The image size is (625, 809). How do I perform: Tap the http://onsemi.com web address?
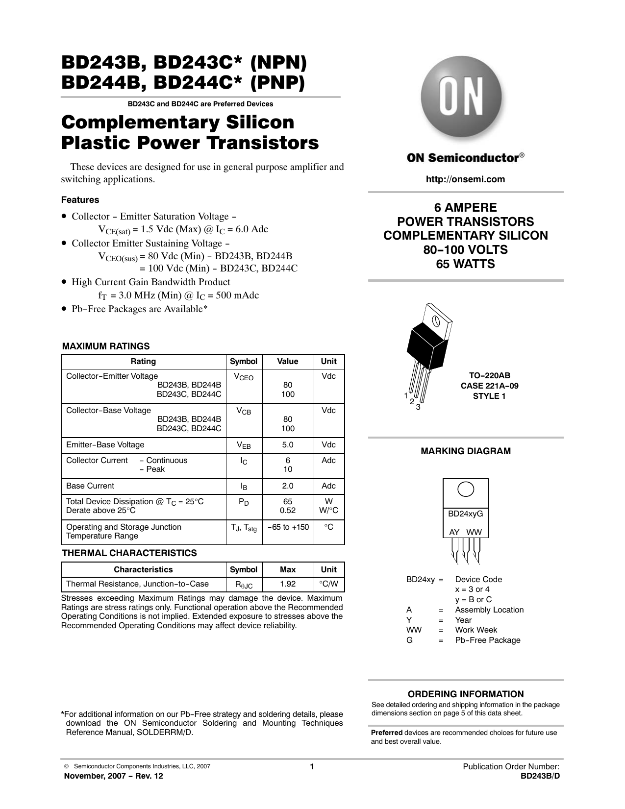pos(465,179)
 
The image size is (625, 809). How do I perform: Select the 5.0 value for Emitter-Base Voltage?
pos(288,445)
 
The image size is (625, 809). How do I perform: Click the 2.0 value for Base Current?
pos(288,486)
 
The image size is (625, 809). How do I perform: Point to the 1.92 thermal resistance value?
pos(288,584)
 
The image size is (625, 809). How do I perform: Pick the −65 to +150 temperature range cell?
pos(288,527)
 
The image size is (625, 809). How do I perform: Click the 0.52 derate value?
pos(288,511)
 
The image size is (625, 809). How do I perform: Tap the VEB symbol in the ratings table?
pos(244,445)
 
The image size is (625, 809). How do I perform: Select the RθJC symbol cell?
pos(244,585)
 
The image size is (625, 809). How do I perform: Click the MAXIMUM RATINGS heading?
pos(106,346)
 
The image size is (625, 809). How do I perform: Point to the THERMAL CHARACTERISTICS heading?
pos(129,553)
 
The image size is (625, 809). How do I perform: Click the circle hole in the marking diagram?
pos(465,490)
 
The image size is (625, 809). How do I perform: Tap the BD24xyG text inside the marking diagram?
pos(465,514)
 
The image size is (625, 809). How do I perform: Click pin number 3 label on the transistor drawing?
pos(418,407)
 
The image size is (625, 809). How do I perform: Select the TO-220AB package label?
pos(489,375)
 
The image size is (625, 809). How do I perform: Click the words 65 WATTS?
pos(465,264)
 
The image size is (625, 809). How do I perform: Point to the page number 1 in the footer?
pos(311,767)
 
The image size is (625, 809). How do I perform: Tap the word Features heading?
pos(80,200)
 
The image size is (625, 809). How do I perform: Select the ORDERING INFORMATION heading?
pos(466,694)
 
